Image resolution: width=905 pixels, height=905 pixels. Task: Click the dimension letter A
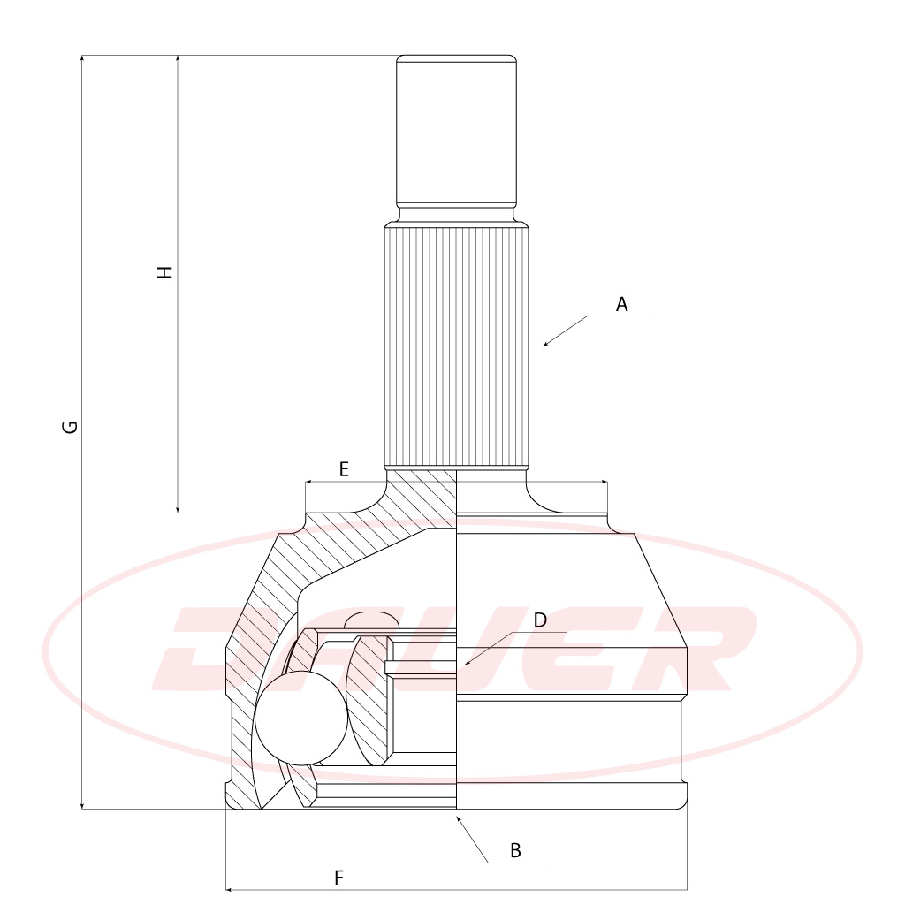pos(621,304)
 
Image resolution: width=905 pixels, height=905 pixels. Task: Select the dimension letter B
pos(515,850)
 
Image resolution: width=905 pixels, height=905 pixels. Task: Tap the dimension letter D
pos(540,620)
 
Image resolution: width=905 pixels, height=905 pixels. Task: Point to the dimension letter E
pos(344,469)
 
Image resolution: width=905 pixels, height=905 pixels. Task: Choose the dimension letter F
pos(338,878)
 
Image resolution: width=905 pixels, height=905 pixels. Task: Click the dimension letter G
pos(70,427)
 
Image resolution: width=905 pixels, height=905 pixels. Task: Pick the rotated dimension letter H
pos(165,272)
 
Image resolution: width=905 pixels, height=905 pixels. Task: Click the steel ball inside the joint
pos(301,718)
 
